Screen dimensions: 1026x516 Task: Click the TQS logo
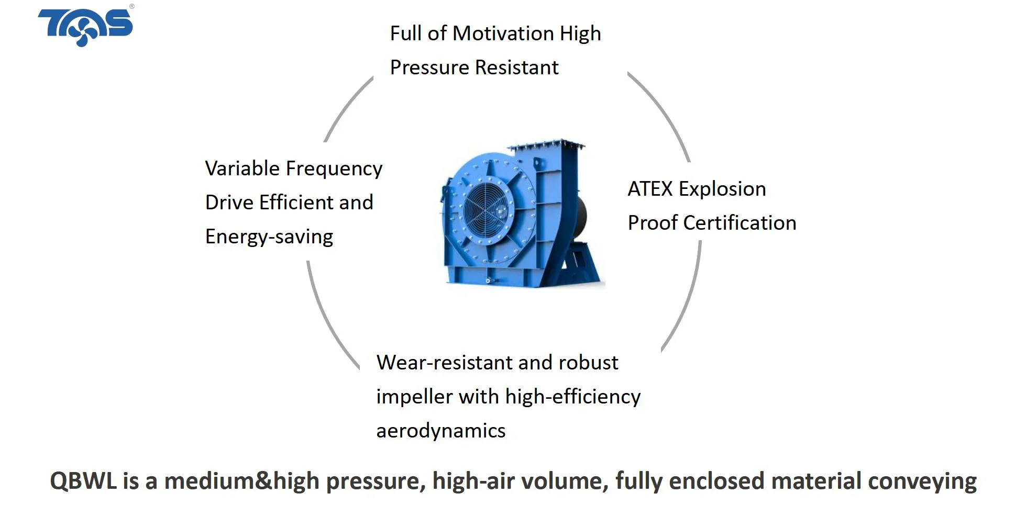click(x=85, y=27)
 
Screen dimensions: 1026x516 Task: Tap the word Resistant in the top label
click(x=516, y=68)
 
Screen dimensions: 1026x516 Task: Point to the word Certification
click(x=740, y=223)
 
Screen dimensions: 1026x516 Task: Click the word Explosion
click(x=722, y=189)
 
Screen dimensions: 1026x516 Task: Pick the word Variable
click(x=242, y=169)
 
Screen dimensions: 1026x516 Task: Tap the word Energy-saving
click(x=269, y=237)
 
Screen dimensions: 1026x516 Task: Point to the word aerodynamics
click(x=441, y=431)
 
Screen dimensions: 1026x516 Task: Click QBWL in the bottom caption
click(x=84, y=481)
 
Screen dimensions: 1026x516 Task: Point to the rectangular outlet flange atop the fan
click(x=547, y=145)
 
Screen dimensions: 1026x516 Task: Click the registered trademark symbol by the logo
click(x=131, y=7)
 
